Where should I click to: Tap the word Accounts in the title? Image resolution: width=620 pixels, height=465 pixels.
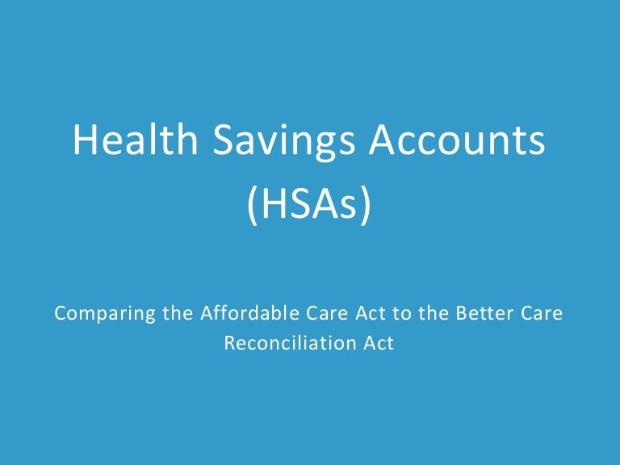click(457, 142)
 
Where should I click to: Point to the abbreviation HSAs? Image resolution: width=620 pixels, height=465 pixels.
click(310, 206)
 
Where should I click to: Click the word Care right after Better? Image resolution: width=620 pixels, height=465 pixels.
click(538, 313)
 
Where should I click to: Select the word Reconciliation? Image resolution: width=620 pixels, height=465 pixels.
click(288, 342)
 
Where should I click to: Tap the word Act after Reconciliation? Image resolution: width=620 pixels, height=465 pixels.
click(379, 342)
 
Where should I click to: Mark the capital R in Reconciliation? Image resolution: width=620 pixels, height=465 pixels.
click(230, 342)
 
